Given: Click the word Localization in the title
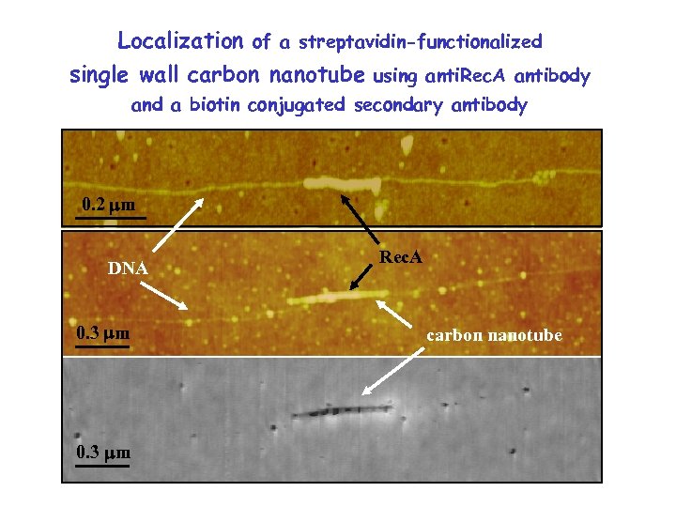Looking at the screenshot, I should tap(180, 41).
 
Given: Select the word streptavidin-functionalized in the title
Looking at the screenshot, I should tap(420, 42).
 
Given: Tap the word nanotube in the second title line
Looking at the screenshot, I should tap(318, 75).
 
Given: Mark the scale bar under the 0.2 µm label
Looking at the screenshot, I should tap(111, 218).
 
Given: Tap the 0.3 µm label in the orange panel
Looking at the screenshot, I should tap(102, 332).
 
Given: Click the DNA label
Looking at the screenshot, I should tap(127, 269).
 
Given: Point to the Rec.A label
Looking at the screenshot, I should tap(401, 256).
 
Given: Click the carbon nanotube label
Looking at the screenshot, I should tap(495, 334).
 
